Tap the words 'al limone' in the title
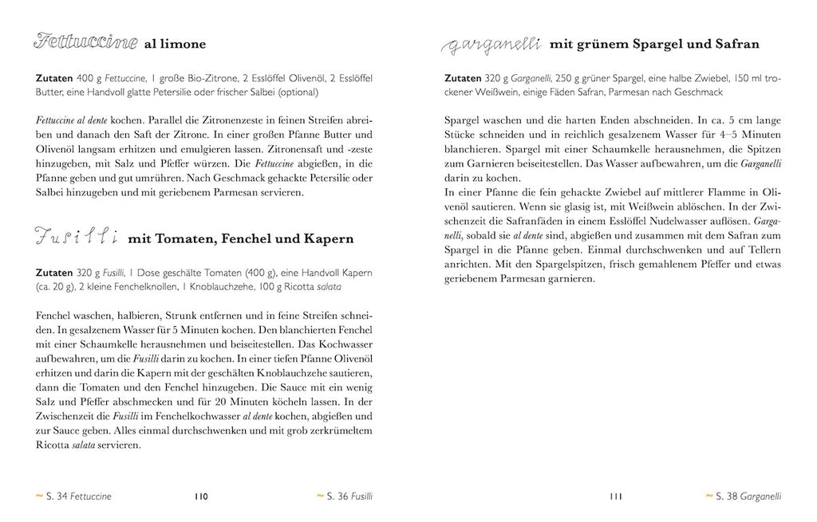click(x=174, y=45)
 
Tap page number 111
click(x=615, y=496)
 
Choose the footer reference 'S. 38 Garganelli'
click(x=748, y=496)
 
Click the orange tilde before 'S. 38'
click(x=708, y=496)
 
